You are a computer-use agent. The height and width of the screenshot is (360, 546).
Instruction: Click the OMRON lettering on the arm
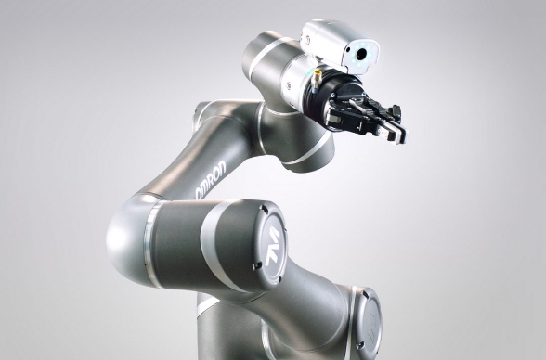click(x=210, y=180)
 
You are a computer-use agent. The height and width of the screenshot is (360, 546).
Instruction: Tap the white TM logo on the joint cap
click(x=272, y=246)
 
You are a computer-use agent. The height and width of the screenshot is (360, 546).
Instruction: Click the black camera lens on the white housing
click(x=362, y=54)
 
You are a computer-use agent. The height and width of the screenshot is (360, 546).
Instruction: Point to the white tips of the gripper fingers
click(x=397, y=135)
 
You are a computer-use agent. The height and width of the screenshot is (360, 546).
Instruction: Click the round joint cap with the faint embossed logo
click(x=369, y=318)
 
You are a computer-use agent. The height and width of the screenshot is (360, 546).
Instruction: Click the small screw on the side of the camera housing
click(x=307, y=40)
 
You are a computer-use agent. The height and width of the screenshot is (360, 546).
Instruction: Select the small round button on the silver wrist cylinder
click(x=289, y=85)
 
